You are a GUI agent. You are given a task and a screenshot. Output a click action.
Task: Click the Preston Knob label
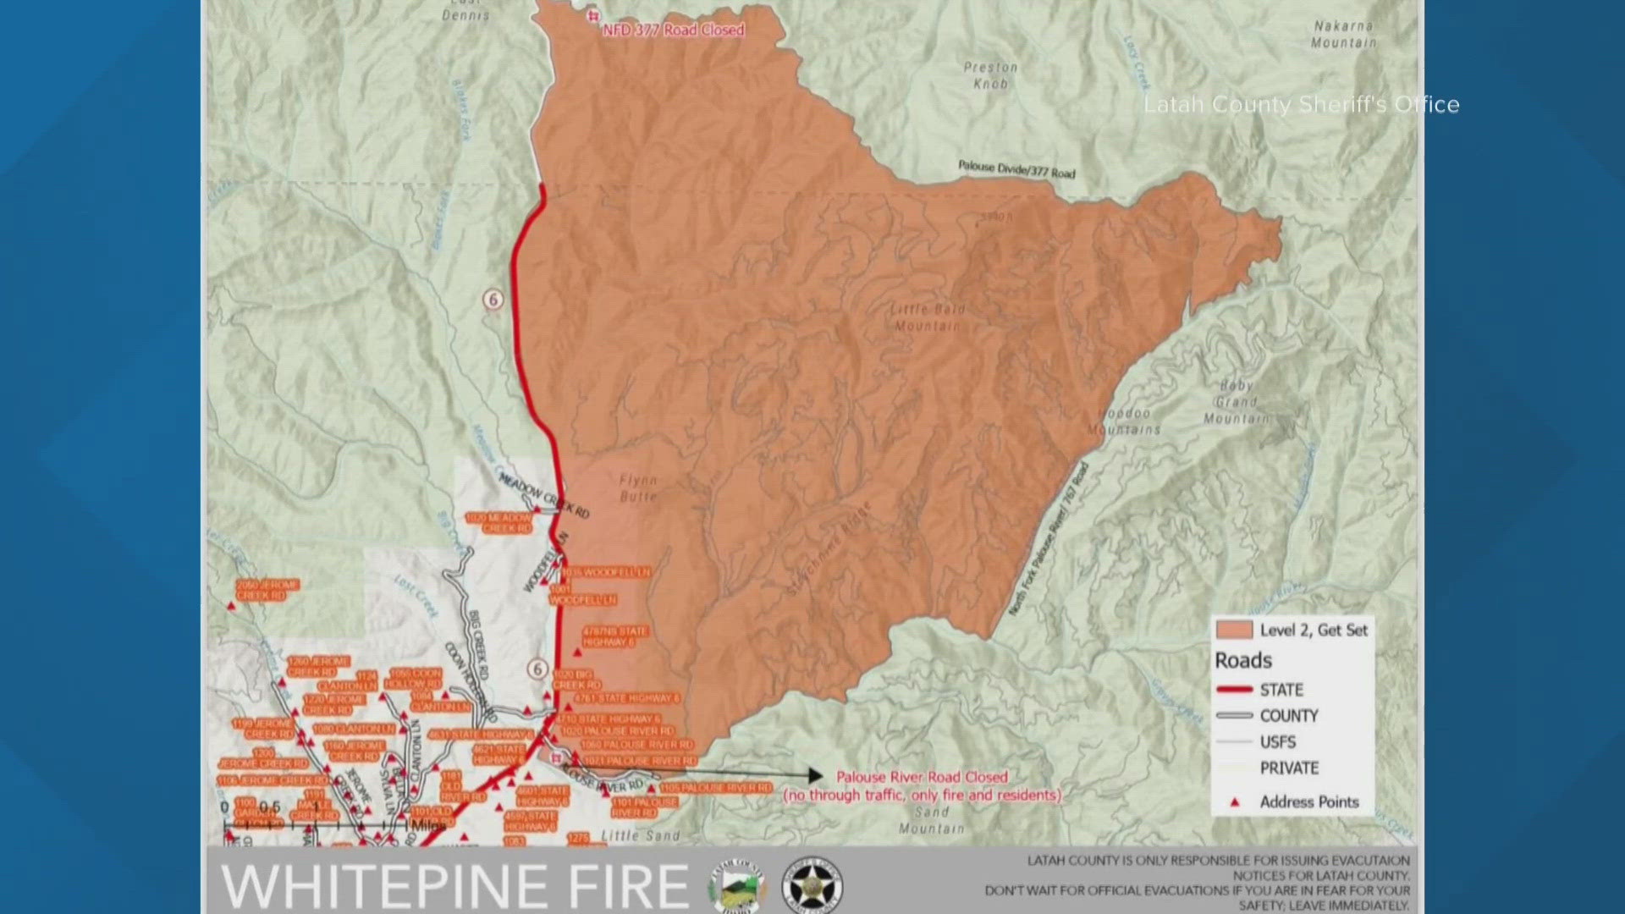pos(990,75)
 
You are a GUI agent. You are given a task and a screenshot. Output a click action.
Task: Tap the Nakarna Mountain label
pos(1343,35)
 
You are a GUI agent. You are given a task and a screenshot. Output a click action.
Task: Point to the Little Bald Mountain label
pos(928,317)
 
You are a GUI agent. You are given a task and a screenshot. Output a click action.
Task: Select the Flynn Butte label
pos(638,488)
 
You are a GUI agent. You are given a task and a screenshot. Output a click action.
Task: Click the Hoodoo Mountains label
pos(1125,421)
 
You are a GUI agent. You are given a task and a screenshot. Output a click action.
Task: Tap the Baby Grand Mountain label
pos(1237,402)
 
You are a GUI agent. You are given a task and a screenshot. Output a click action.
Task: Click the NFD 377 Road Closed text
pos(673,30)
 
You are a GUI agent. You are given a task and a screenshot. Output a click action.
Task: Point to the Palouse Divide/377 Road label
pos(1016,169)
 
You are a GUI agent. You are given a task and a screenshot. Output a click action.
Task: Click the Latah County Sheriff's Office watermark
pos(1301,105)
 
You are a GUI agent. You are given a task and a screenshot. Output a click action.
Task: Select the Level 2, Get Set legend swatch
pos(1234,630)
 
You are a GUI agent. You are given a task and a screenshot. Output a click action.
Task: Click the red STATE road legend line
pos(1234,690)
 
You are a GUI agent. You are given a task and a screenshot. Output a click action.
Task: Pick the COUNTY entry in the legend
pos(1288,716)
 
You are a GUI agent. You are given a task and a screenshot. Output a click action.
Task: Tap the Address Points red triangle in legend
pos(1234,801)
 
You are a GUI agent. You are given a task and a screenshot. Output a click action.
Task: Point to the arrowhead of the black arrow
pos(816,775)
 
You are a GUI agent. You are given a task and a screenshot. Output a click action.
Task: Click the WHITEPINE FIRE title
pos(455,886)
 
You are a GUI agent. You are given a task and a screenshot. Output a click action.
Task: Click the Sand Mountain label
pos(931,820)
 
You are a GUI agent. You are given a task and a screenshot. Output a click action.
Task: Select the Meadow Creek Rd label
pos(543,496)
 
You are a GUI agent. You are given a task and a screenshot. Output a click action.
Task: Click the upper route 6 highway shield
pos(493,299)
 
